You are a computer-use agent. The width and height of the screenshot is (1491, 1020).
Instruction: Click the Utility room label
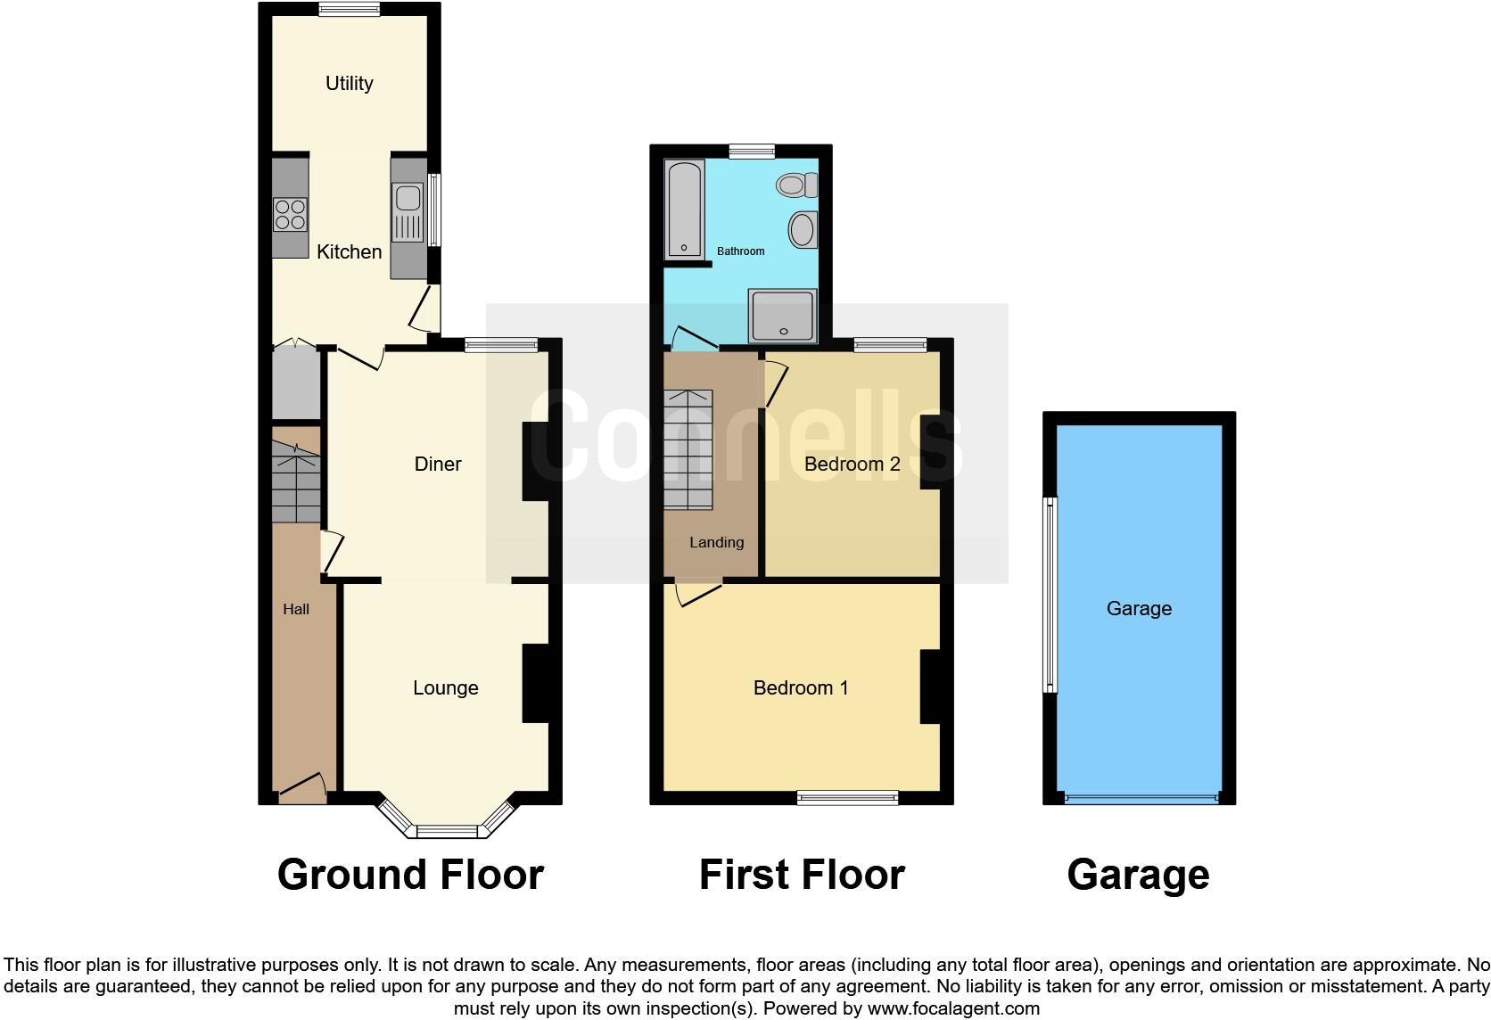coord(349,83)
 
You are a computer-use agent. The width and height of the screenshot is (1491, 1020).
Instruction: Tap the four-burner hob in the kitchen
coord(291,215)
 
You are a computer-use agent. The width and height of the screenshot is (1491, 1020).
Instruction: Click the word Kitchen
coord(349,251)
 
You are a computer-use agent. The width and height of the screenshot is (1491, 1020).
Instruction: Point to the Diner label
coord(438,464)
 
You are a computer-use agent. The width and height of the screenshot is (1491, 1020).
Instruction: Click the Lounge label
coord(445,687)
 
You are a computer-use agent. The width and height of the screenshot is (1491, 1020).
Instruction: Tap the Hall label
coord(296,609)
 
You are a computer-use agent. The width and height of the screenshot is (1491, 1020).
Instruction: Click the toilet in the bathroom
coord(796,185)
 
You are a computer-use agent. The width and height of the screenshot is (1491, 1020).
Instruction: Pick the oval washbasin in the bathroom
coord(802,229)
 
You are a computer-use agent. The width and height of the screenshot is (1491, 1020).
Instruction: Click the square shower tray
coord(782,315)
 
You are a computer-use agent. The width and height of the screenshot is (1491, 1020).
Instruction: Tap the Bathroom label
coord(740,251)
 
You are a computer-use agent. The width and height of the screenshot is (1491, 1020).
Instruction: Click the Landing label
coord(716,542)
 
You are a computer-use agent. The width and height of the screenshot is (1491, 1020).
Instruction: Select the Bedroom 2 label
coord(852,464)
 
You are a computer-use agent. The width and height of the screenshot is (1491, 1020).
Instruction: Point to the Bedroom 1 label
coord(801,687)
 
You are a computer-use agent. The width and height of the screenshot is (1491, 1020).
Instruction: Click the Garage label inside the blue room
coord(1139,608)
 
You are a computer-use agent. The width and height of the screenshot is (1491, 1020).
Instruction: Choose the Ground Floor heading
coord(410,875)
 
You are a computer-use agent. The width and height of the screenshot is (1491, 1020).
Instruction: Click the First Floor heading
coord(802,875)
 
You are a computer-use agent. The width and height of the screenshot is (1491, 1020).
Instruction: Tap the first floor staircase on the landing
coord(688,449)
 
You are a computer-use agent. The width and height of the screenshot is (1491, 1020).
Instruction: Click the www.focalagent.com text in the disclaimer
coord(953,1008)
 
